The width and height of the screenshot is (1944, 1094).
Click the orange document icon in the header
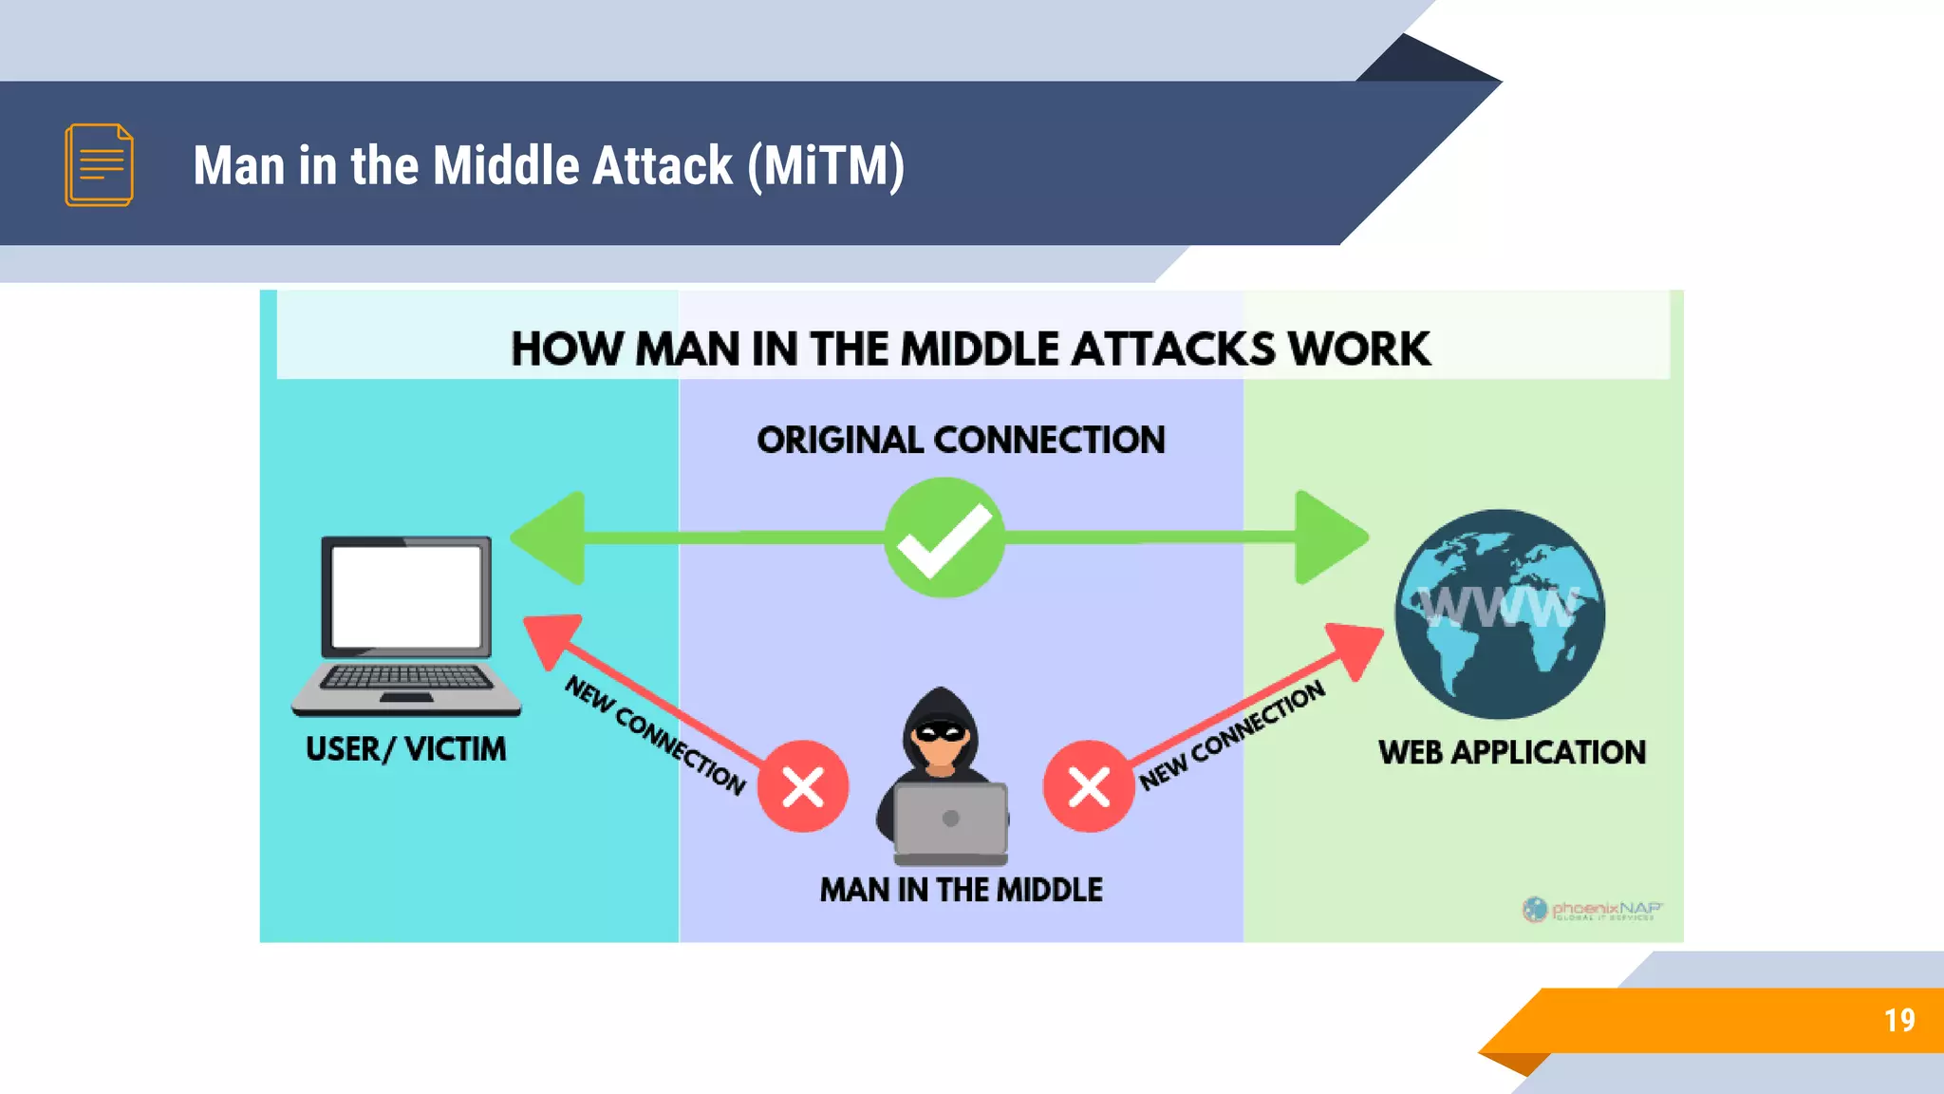click(99, 164)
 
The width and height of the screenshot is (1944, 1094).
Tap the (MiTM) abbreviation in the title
click(826, 165)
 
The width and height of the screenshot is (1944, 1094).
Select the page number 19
click(1898, 1020)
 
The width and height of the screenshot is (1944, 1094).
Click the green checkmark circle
click(944, 538)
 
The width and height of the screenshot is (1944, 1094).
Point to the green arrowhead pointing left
click(551, 538)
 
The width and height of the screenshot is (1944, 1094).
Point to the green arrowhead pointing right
click(1329, 538)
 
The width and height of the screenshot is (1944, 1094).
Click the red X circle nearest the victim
click(802, 786)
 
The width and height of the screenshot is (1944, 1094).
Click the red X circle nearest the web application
click(1088, 786)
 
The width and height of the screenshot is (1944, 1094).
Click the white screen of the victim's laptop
click(406, 596)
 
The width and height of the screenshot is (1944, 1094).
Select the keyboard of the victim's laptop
click(406, 677)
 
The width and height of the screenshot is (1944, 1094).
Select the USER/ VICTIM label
click(405, 749)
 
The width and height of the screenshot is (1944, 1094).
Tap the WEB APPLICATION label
click(1511, 752)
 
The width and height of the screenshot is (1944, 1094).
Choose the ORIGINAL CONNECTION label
click(961, 440)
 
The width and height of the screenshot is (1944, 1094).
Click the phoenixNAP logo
click(1592, 910)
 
